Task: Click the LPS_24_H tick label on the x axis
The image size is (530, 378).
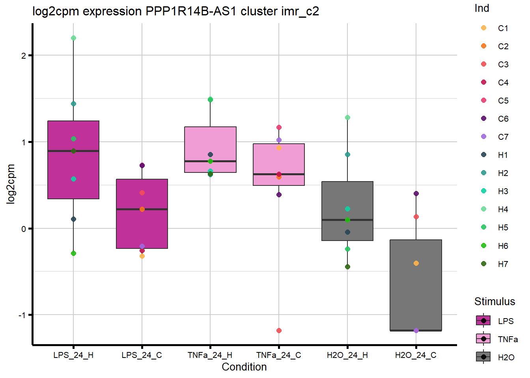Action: click(73, 355)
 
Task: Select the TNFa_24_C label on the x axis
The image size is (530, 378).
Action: click(278, 355)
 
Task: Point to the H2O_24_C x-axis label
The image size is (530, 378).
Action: click(416, 355)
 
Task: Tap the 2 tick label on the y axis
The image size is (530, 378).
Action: click(24, 56)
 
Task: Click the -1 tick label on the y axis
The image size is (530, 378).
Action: click(22, 315)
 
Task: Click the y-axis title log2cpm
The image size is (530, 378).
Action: click(11, 184)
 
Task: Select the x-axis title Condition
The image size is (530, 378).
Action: click(244, 367)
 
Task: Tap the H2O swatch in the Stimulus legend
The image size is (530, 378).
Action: click(483, 357)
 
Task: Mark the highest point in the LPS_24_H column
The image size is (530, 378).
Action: click(73, 38)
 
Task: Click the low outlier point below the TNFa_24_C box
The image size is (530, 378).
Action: click(279, 330)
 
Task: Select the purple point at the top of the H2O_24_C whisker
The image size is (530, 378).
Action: click(416, 193)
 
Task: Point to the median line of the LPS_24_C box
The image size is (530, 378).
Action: click(142, 209)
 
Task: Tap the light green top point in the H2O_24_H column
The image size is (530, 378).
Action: click(347, 117)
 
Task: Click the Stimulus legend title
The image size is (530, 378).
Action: click(495, 302)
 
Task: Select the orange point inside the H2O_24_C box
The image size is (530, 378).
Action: click(416, 263)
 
